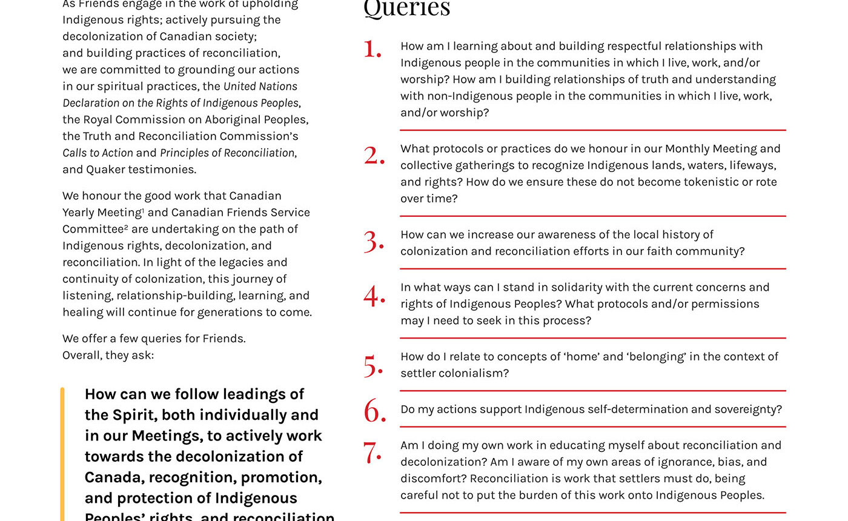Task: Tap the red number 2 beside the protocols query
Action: pyautogui.click(x=374, y=156)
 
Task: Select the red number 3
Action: pyautogui.click(x=374, y=242)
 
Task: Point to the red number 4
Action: pyautogui.click(x=374, y=296)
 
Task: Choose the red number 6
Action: pyautogui.click(x=375, y=412)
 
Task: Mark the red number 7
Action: pyautogui.click(x=372, y=453)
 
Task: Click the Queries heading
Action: pyautogui.click(x=407, y=8)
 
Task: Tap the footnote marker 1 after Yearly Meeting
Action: pyautogui.click(x=143, y=210)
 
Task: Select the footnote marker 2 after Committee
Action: pyautogui.click(x=126, y=227)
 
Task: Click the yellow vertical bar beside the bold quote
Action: pyautogui.click(x=62, y=454)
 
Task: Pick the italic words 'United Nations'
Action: pyautogui.click(x=260, y=87)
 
